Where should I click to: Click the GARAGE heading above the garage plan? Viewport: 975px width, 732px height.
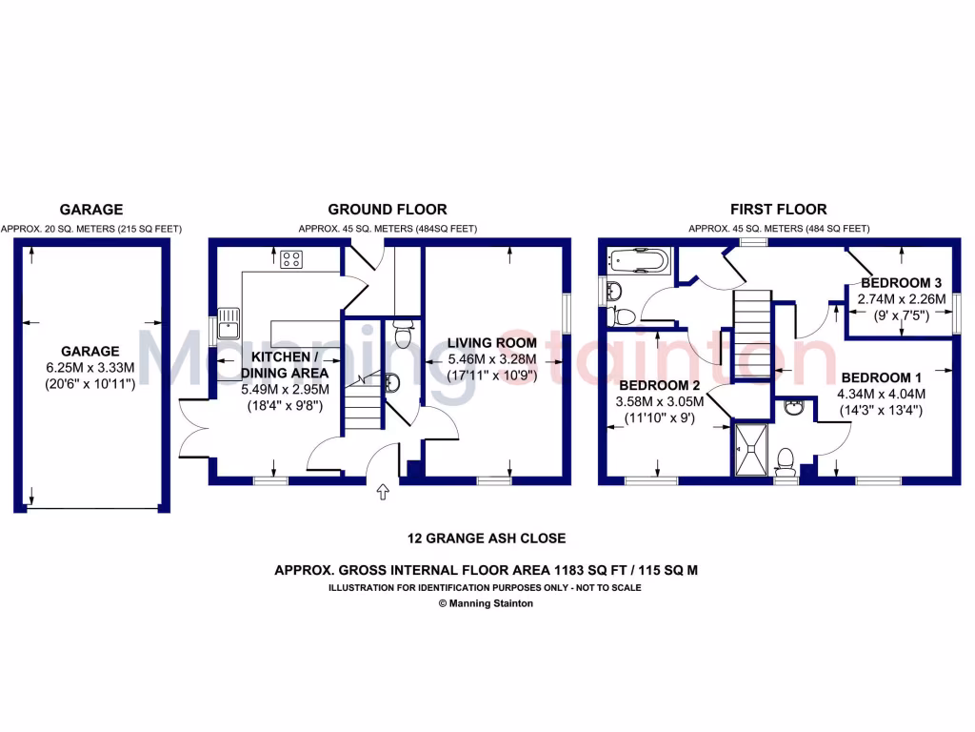click(x=91, y=210)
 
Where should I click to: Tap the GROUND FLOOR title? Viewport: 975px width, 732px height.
click(x=388, y=210)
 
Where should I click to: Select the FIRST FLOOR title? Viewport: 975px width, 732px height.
click(x=779, y=210)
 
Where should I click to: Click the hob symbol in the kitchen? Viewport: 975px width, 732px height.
click(x=290, y=257)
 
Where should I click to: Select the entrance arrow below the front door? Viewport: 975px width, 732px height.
click(x=384, y=492)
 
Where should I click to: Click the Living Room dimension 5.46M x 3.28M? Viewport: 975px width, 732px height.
click(x=492, y=359)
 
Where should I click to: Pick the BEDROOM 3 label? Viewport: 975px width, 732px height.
click(x=901, y=283)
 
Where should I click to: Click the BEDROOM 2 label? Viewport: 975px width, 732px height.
click(x=661, y=386)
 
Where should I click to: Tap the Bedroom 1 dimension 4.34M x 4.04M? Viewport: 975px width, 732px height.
click(x=881, y=394)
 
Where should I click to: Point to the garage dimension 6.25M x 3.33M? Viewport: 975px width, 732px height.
click(x=91, y=368)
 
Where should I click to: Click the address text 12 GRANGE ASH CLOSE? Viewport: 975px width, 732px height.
click(x=487, y=539)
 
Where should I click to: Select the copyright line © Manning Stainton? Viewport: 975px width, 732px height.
click(x=486, y=603)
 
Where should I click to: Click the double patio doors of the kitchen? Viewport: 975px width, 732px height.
click(x=194, y=429)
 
